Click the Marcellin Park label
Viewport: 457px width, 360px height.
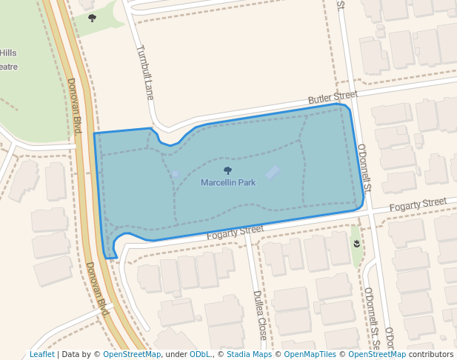point(228,182)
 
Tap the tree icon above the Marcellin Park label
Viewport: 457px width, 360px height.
point(228,171)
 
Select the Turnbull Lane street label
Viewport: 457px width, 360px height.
point(144,73)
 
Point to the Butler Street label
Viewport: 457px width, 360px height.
point(333,98)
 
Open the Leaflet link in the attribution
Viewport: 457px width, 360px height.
point(42,354)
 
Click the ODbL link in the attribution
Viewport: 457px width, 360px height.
point(200,354)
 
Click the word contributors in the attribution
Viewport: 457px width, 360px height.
point(430,354)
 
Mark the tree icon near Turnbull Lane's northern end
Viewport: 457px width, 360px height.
point(92,18)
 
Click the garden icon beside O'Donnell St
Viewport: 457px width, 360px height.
point(357,243)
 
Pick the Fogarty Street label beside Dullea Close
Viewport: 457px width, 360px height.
point(235,232)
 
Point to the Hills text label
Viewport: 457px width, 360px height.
point(8,53)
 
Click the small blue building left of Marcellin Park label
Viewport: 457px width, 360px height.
point(175,175)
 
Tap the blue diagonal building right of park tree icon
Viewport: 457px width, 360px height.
point(273,173)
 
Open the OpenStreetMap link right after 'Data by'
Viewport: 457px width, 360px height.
point(132,354)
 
